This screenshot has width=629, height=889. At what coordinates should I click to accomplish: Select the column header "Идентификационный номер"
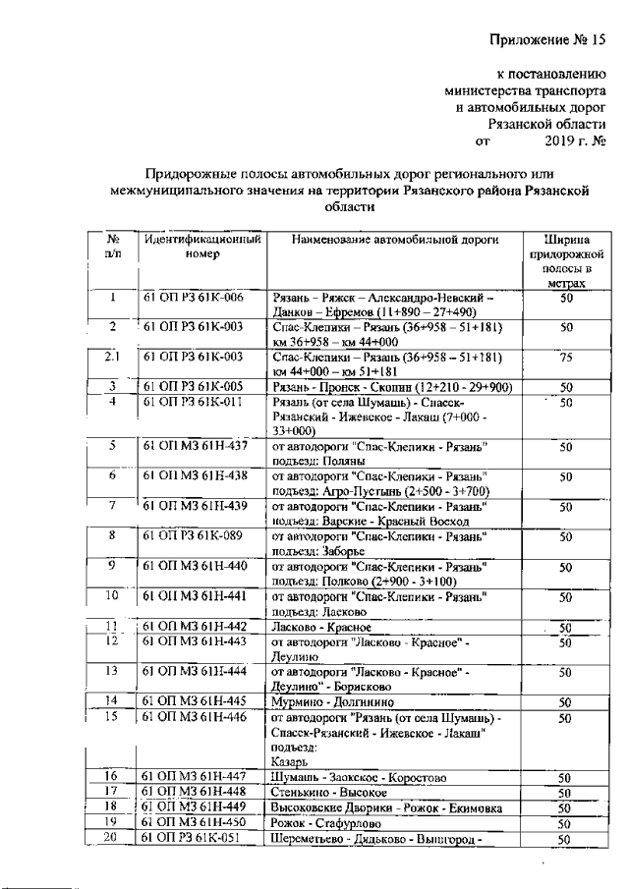[x=202, y=248]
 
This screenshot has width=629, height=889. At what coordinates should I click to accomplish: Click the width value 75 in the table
[x=565, y=359]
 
